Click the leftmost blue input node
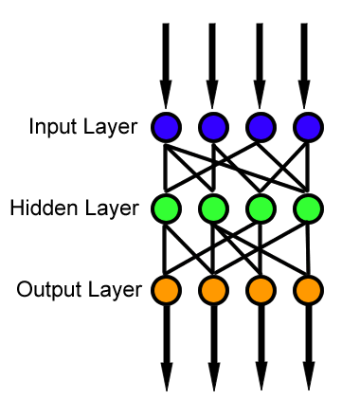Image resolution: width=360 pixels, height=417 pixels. click(166, 126)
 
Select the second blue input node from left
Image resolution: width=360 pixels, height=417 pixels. click(212, 126)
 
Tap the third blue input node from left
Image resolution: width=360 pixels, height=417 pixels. click(260, 126)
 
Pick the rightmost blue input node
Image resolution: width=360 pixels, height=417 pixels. click(306, 126)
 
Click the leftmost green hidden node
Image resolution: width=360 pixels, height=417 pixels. click(166, 208)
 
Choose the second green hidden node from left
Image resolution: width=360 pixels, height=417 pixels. click(212, 208)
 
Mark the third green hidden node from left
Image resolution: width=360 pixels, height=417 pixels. click(260, 208)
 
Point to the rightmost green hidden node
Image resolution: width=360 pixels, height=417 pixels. click(306, 208)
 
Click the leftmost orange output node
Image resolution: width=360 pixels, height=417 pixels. click(166, 288)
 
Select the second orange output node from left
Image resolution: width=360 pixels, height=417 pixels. click(212, 288)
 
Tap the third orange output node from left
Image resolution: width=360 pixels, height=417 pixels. click(260, 288)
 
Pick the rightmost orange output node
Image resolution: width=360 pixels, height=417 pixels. click(306, 288)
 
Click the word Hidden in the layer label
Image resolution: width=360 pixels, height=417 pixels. click(39, 208)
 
